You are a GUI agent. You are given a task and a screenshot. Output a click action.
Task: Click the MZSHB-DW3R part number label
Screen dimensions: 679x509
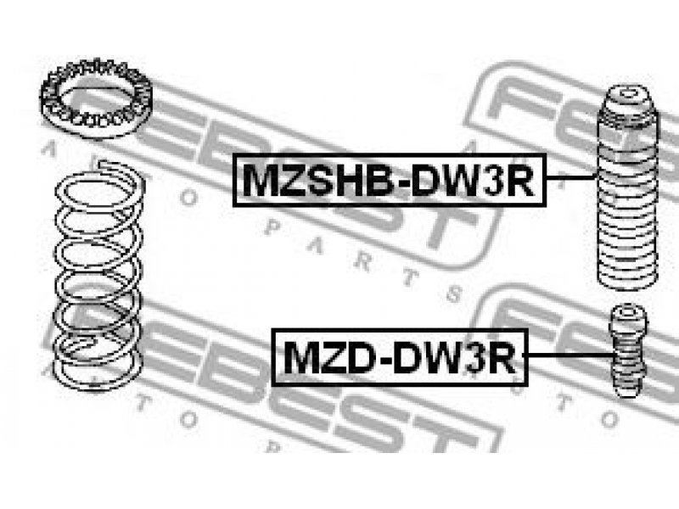(x=389, y=180)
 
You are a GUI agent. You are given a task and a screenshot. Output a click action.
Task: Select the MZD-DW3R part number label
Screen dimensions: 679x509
(x=400, y=357)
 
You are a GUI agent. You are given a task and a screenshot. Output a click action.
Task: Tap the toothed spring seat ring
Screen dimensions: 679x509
(x=96, y=101)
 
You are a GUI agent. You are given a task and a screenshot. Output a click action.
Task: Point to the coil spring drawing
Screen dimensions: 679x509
(x=98, y=276)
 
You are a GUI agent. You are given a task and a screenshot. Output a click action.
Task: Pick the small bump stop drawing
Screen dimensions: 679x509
(x=628, y=350)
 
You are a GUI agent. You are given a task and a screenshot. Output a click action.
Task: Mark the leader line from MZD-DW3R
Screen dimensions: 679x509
(x=569, y=355)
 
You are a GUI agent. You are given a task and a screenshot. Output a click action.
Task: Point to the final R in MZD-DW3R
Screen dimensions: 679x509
(x=502, y=358)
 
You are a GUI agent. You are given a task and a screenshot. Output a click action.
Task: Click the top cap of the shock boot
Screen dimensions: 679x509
(x=627, y=98)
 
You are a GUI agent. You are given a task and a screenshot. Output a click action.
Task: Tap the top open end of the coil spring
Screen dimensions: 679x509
(x=106, y=165)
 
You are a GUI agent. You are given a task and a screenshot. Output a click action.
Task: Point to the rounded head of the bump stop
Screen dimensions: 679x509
(x=628, y=315)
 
